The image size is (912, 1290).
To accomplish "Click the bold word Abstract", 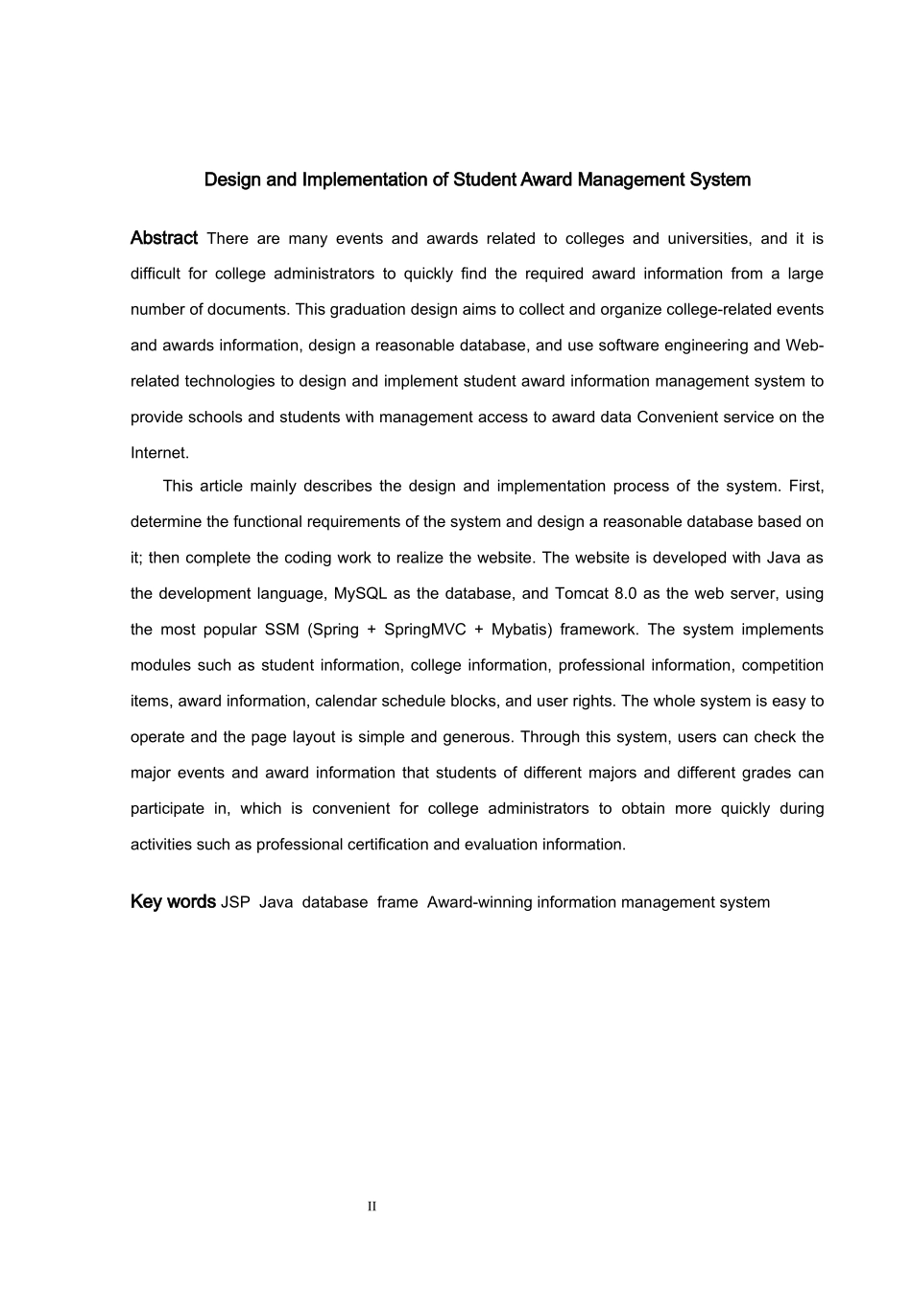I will (164, 238).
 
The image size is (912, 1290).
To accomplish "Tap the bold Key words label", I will (173, 902).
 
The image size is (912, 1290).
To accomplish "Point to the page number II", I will (372, 1206).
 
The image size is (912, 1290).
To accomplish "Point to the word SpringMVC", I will (424, 630).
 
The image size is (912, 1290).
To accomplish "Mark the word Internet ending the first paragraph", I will (159, 453).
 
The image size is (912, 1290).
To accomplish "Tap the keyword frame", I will (397, 903).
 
